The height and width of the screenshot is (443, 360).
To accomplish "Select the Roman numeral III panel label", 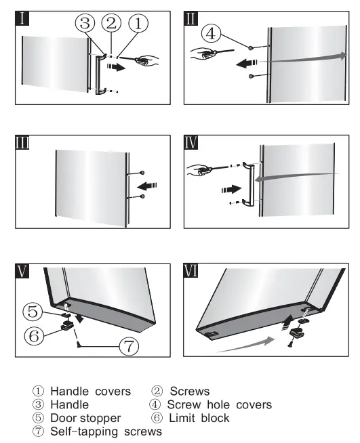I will point(24,143).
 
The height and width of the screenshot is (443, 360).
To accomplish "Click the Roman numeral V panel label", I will point(24,272).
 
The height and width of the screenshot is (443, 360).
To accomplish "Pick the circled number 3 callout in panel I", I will point(85,24).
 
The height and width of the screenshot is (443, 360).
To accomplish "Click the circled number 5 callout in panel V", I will point(33,312).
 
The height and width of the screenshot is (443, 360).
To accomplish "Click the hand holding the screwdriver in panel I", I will point(146,62).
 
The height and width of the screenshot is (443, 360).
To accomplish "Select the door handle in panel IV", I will point(251,184).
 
